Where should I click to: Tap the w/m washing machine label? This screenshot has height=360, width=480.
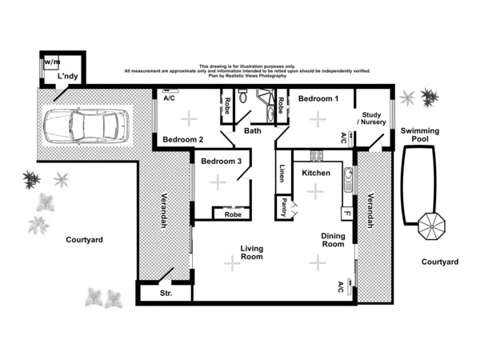click(x=51, y=61)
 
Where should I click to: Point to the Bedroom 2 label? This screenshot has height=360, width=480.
click(x=183, y=140)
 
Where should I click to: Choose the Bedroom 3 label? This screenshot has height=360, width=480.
click(x=221, y=161)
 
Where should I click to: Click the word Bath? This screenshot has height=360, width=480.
click(x=253, y=130)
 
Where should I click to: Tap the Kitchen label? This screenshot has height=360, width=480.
click(x=316, y=173)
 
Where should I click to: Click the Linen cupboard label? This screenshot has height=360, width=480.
click(x=283, y=174)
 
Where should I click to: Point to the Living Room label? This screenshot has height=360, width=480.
click(x=252, y=253)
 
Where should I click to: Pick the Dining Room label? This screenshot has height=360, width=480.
click(x=333, y=241)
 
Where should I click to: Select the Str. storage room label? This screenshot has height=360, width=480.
click(x=166, y=294)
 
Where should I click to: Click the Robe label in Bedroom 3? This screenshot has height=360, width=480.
click(x=232, y=214)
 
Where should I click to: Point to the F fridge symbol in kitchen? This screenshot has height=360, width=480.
click(x=347, y=214)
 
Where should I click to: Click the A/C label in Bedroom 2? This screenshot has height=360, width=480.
click(x=169, y=98)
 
